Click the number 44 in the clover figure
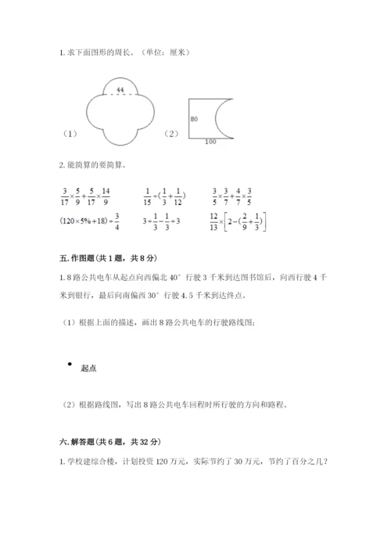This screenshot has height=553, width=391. tap(119, 91)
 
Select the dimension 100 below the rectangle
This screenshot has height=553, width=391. tap(211, 142)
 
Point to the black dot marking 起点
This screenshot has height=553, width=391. tap(70, 364)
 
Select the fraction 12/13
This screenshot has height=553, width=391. tap(215, 222)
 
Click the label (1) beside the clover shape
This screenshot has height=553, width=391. tap(70, 134)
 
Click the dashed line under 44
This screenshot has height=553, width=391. tap(119, 96)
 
